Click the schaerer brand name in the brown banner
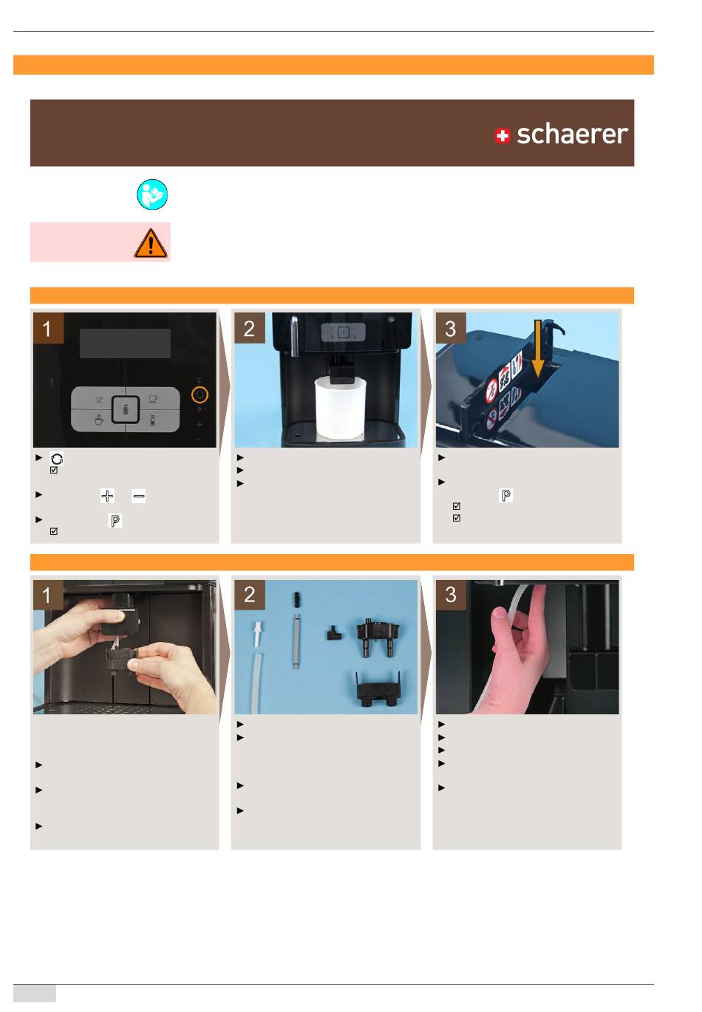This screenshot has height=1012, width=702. pyautogui.click(x=572, y=134)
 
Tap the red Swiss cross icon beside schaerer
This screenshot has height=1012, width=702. pyautogui.click(x=502, y=135)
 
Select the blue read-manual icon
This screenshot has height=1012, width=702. pyautogui.click(x=152, y=194)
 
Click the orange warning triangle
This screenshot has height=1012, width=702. pyautogui.click(x=151, y=243)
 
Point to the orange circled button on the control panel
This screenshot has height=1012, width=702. pyautogui.click(x=200, y=395)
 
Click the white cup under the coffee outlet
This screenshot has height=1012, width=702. pyautogui.click(x=340, y=409)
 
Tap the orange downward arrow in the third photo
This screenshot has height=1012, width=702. pyautogui.click(x=537, y=349)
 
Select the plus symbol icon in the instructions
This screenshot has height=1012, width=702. pyautogui.click(x=107, y=496)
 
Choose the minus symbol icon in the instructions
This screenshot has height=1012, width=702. pyautogui.click(x=139, y=496)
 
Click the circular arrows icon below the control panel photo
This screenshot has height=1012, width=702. pyautogui.click(x=56, y=459)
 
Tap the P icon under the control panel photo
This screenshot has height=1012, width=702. pyautogui.click(x=115, y=521)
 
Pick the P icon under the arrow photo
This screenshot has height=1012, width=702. pyautogui.click(x=505, y=495)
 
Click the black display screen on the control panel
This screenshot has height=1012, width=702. pyautogui.click(x=125, y=343)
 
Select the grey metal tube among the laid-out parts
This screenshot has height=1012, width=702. pyautogui.click(x=296, y=640)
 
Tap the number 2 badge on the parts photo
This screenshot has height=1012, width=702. pyautogui.click(x=249, y=595)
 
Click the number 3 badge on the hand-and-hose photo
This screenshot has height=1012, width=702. pyautogui.click(x=451, y=595)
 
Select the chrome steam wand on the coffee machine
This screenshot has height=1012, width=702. pyautogui.click(x=294, y=335)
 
